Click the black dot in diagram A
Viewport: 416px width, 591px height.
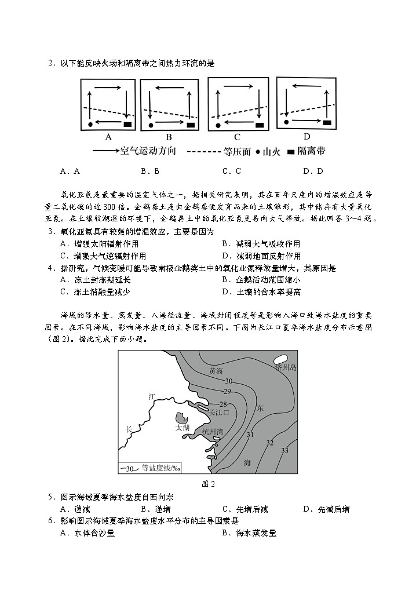(x=91, y=124)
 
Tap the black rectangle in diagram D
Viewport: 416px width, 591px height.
(x=327, y=122)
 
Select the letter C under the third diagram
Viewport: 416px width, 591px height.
(x=237, y=137)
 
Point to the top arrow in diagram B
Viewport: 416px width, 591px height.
(x=170, y=89)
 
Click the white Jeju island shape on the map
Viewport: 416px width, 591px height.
(x=282, y=359)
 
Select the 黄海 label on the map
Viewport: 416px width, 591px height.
(x=216, y=370)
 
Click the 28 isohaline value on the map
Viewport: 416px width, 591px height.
(x=222, y=404)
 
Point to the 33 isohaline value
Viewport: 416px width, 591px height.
(x=284, y=450)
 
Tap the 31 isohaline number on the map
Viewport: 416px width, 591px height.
(x=250, y=435)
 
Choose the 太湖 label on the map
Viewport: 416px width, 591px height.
(x=182, y=427)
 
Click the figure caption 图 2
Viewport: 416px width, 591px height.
(x=208, y=484)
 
